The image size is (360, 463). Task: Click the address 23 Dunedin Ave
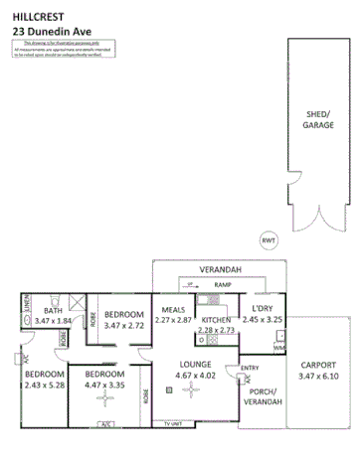[x=51, y=30]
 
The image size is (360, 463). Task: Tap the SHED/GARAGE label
[x=319, y=121]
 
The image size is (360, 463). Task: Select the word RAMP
[x=223, y=284]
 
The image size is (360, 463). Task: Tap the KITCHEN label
[x=217, y=320]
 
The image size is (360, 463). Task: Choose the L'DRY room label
[x=264, y=309]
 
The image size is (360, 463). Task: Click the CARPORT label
[x=318, y=365]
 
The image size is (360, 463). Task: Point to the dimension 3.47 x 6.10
[x=318, y=377]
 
